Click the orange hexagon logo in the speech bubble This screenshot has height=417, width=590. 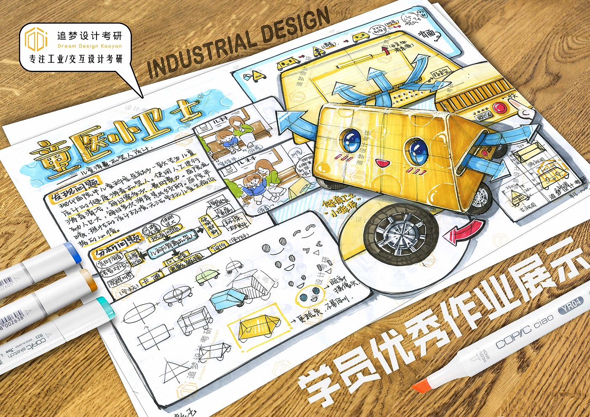pos(35,39)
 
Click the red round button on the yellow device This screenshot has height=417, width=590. pos(501,106)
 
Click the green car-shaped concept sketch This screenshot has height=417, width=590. pos(208,276)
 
